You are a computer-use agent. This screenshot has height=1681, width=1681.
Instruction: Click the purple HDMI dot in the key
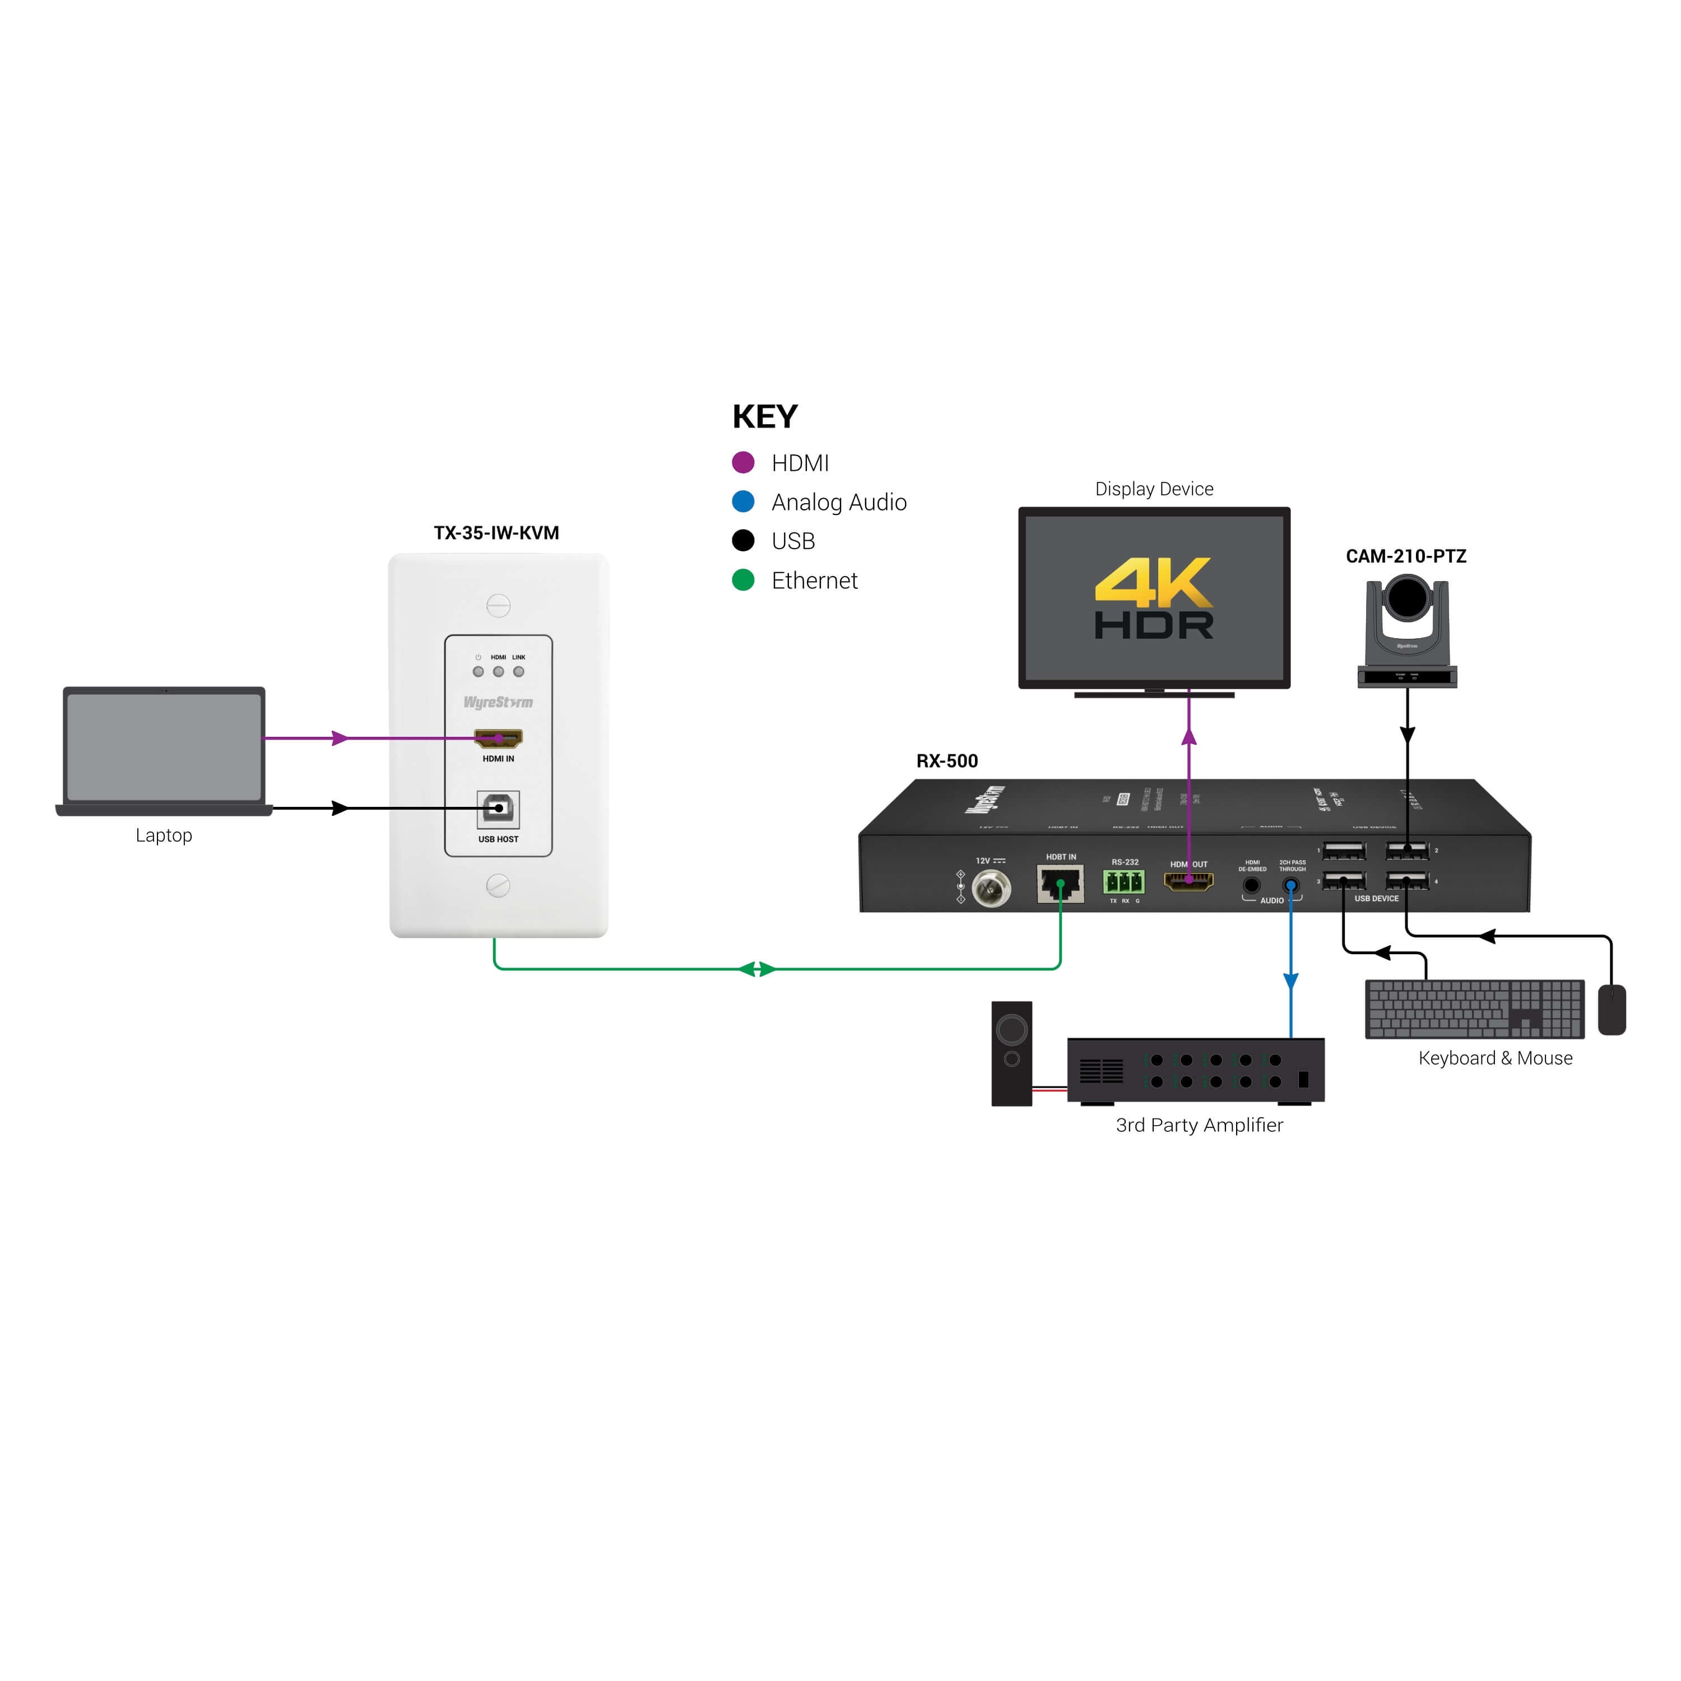click(743, 462)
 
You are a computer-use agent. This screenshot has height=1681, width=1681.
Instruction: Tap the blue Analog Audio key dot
click(743, 501)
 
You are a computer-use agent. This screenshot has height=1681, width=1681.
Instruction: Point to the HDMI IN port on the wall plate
click(498, 739)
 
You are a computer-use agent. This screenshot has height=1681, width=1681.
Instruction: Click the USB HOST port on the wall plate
click(498, 809)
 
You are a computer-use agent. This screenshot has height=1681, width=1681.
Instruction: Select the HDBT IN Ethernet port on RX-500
click(1060, 885)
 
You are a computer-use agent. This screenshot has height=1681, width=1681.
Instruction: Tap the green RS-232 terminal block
click(1123, 883)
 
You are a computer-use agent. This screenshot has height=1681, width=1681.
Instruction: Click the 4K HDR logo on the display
click(1154, 598)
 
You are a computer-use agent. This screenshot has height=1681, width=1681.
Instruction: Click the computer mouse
click(1612, 1009)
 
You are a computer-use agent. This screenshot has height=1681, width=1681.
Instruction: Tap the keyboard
click(1474, 1009)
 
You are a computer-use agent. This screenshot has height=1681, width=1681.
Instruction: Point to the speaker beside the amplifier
click(1012, 1053)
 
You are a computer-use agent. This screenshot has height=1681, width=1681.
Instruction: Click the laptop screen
click(164, 746)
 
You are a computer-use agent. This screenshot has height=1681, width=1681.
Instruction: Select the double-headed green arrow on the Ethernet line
click(757, 968)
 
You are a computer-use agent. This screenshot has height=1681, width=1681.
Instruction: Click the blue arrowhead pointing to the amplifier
click(1291, 981)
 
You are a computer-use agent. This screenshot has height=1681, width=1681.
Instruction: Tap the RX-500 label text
click(946, 760)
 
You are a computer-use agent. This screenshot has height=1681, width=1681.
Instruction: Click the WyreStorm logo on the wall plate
click(498, 702)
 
